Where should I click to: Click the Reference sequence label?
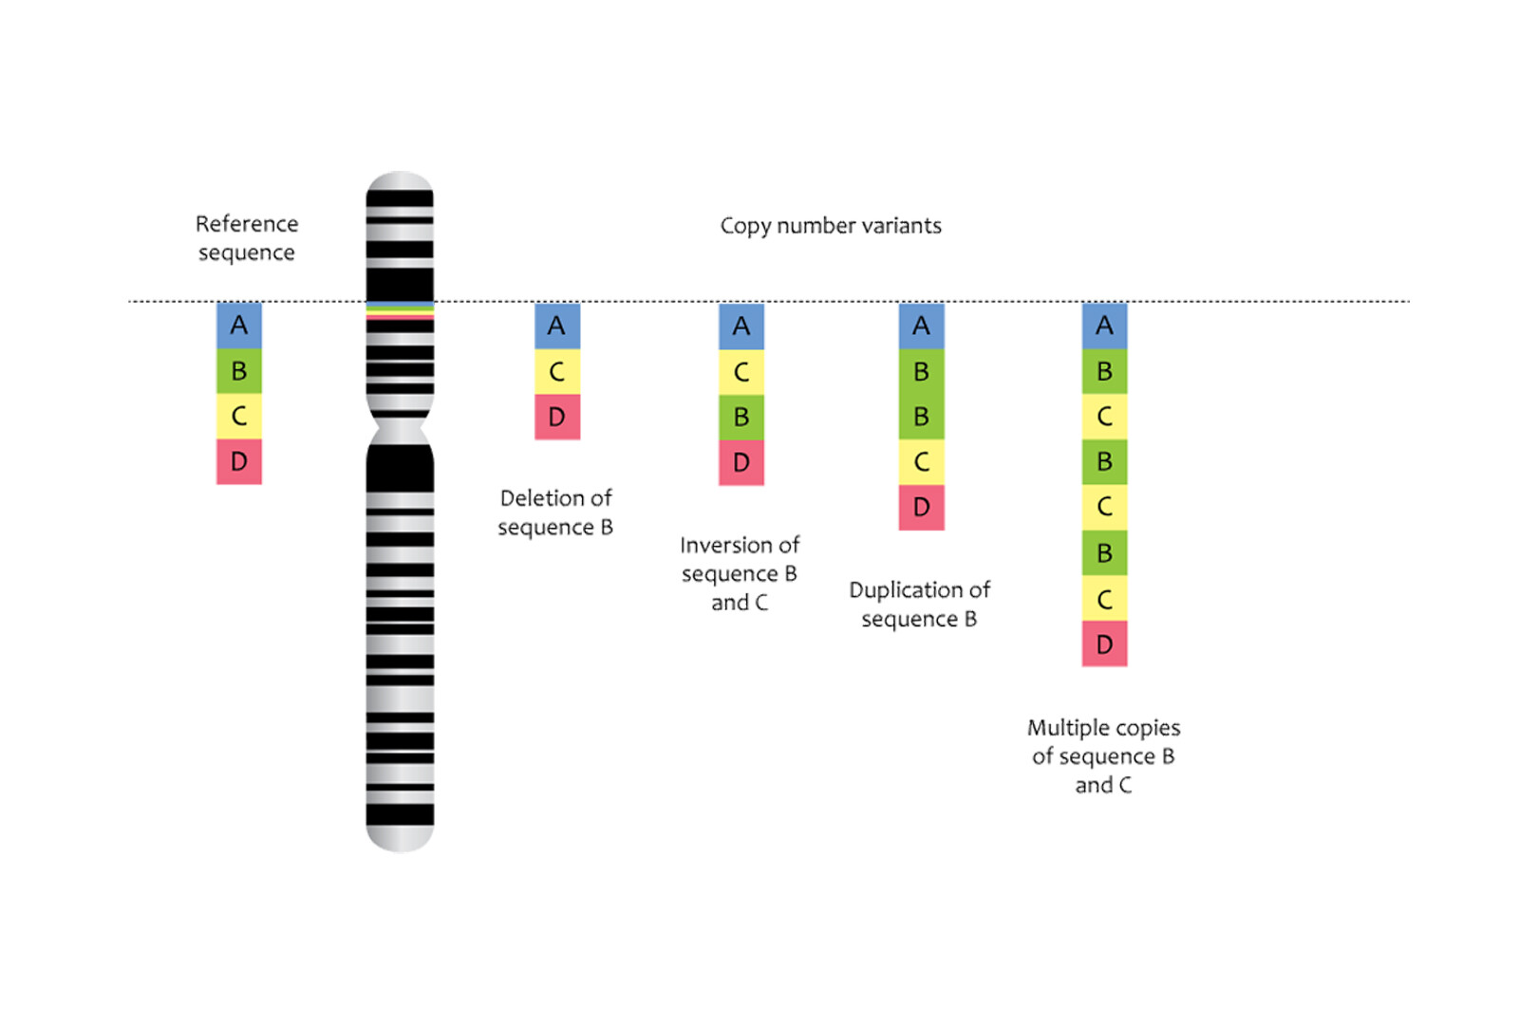pyautogui.click(x=247, y=238)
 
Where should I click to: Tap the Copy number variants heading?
pyautogui.click(x=831, y=226)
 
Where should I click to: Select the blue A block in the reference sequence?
pyautogui.click(x=239, y=326)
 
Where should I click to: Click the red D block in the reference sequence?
pyautogui.click(x=239, y=462)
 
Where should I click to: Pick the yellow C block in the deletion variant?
pyautogui.click(x=557, y=372)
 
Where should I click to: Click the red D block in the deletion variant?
pyautogui.click(x=557, y=417)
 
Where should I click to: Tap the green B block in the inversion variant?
pyautogui.click(x=741, y=417)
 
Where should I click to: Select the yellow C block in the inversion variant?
pyautogui.click(x=741, y=372)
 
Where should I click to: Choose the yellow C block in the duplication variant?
pyautogui.click(x=921, y=462)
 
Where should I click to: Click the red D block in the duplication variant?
pyautogui.click(x=921, y=508)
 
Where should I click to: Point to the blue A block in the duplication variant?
pyautogui.click(x=921, y=326)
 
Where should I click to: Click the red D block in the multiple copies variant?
pyautogui.click(x=1104, y=644)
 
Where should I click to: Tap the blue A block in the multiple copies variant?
pyautogui.click(x=1104, y=326)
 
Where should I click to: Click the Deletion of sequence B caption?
pyautogui.click(x=555, y=512)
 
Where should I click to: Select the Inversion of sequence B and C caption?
pyautogui.click(x=740, y=573)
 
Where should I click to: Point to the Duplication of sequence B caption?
pyautogui.click(x=919, y=605)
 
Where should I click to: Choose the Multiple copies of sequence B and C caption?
pyautogui.click(x=1103, y=756)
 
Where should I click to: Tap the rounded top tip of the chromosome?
pyautogui.click(x=400, y=180)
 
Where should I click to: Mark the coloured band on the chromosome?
pyautogui.click(x=400, y=310)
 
